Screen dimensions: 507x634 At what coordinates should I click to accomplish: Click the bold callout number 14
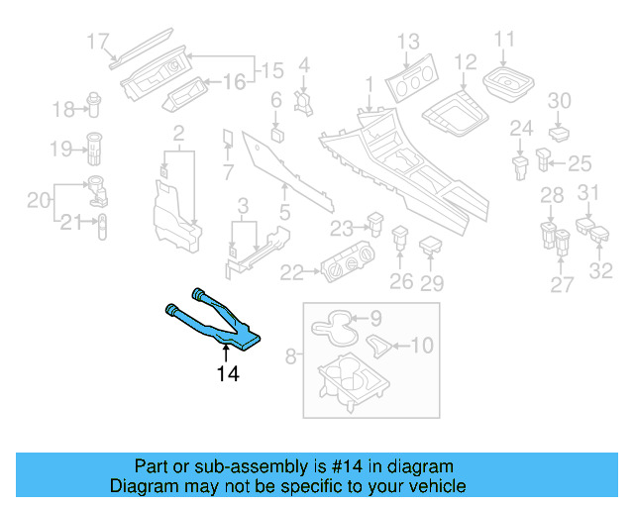click(x=229, y=374)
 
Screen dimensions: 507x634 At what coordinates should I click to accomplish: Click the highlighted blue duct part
click(x=218, y=321)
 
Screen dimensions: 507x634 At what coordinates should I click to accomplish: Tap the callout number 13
click(x=409, y=42)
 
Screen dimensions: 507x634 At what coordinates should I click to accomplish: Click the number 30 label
click(x=560, y=100)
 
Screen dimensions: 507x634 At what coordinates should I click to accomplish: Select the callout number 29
click(x=432, y=283)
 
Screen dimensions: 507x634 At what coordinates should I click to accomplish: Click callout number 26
click(x=401, y=283)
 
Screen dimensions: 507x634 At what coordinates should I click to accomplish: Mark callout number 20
click(x=38, y=201)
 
